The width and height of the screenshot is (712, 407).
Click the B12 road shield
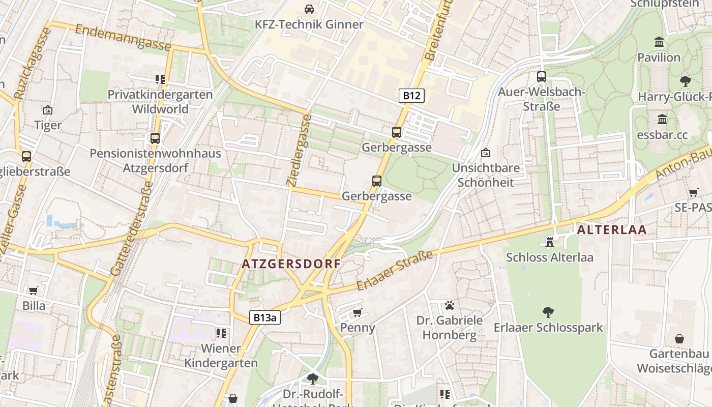click(411, 95)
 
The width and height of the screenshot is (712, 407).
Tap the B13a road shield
click(265, 317)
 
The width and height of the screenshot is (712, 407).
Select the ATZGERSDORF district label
click(291, 264)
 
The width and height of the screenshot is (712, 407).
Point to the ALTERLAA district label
click(612, 229)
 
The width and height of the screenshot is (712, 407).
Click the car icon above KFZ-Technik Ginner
click(309, 9)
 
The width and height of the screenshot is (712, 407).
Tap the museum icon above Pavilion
click(659, 42)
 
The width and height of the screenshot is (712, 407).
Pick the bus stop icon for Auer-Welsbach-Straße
click(542, 77)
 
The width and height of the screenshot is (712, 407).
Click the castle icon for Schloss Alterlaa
click(549, 241)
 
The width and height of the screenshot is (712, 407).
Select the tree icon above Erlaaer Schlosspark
click(548, 312)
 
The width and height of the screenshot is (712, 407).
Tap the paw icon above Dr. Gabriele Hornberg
click(449, 305)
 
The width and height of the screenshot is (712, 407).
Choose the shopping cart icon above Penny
click(358, 312)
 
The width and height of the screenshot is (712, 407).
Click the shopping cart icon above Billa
click(34, 290)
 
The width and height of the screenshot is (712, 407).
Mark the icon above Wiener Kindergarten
click(221, 333)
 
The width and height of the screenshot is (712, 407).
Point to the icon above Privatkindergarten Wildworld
click(160, 79)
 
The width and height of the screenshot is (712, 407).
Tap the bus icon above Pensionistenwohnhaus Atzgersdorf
click(155, 138)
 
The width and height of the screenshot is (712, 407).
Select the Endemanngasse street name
click(123, 37)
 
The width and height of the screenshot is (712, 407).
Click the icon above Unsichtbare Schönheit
click(486, 153)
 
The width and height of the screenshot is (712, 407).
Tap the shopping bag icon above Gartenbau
click(679, 339)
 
